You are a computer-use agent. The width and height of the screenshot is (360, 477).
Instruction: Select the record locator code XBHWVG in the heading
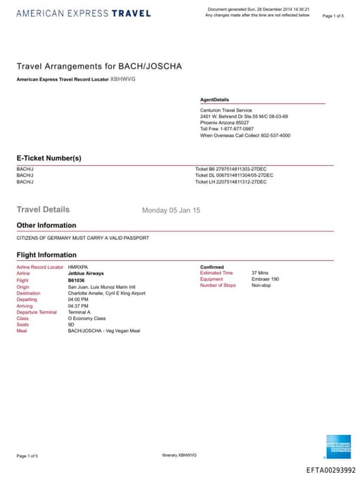pyautogui.click(x=123, y=79)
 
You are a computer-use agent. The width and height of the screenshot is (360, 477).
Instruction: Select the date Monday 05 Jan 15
pyautogui.click(x=171, y=210)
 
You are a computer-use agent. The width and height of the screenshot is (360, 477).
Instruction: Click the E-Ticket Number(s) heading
pyautogui.click(x=49, y=158)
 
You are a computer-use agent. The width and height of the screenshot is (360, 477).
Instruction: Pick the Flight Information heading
pyautogui.click(x=46, y=255)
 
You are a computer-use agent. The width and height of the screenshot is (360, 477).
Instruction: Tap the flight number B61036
pyautogui.click(x=76, y=279)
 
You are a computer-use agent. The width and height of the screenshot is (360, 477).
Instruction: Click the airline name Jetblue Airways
pyautogui.click(x=86, y=273)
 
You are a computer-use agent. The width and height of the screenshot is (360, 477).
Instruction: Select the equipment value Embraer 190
pyautogui.click(x=265, y=279)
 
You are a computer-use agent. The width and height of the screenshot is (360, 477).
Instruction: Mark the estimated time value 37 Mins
pyautogui.click(x=259, y=273)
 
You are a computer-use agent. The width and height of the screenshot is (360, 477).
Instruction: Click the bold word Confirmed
pyautogui.click(x=212, y=267)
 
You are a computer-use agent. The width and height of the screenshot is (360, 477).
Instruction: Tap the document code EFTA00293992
pyautogui.click(x=331, y=470)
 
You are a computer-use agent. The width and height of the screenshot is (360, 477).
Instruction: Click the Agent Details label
pyautogui.click(x=214, y=100)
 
